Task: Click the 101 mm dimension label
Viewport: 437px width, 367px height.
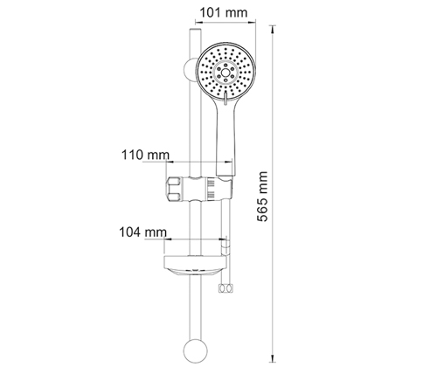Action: point(224,13)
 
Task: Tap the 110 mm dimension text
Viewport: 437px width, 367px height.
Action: point(145,155)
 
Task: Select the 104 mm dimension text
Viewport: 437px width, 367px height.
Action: point(143,232)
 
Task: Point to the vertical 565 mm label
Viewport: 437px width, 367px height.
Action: point(263,197)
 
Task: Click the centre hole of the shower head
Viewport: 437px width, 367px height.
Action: point(225,72)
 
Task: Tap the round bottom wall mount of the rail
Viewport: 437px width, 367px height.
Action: point(196,351)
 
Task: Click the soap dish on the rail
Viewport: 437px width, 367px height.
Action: point(194,265)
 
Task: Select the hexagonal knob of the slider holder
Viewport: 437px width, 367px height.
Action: point(173,189)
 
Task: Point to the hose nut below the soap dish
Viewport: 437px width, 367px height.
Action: point(225,288)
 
